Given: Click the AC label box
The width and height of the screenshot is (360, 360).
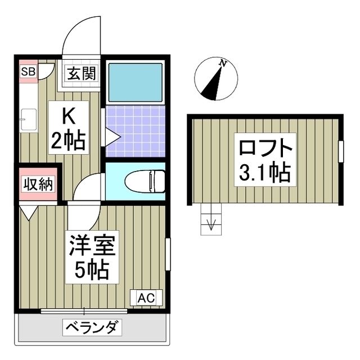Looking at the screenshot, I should (146, 298).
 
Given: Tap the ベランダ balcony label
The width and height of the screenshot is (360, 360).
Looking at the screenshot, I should (92, 327).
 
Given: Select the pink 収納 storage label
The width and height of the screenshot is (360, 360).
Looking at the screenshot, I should (38, 184).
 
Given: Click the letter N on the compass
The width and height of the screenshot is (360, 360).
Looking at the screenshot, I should (223, 64).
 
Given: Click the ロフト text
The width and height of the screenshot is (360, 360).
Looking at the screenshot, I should (264, 149).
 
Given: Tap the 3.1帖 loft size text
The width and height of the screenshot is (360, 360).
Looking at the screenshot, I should (264, 173).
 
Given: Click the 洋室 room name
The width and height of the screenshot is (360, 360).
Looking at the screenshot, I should (93, 247).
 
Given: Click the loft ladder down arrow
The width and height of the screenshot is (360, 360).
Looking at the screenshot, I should (211, 223).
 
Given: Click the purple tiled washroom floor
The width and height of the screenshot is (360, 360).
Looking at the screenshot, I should (135, 130).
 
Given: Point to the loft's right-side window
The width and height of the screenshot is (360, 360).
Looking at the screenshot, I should (340, 151).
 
